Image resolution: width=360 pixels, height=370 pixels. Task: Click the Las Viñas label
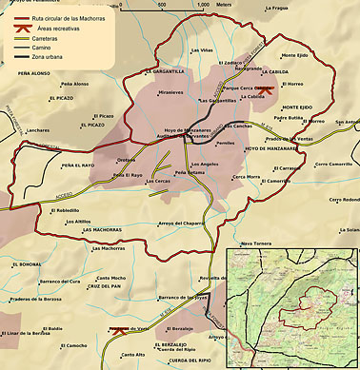pos(201,49)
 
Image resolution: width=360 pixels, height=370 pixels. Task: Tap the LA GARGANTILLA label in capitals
pos(165,71)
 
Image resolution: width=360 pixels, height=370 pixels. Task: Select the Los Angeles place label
pos(205,165)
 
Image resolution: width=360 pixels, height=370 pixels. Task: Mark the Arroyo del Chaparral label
pos(181,223)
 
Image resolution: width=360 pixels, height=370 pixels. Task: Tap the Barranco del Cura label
pos(59,282)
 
